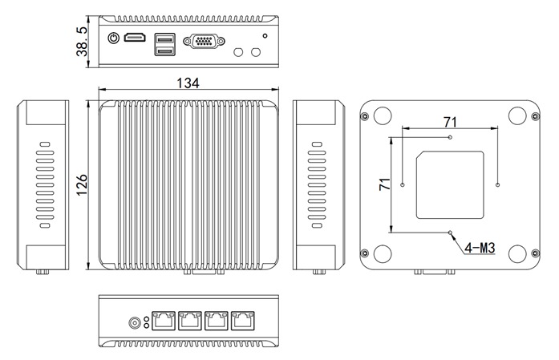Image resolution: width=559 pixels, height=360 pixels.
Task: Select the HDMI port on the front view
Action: pyautogui.click(x=135, y=38)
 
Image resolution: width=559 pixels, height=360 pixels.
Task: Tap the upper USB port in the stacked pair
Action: pyautogui.click(x=164, y=38)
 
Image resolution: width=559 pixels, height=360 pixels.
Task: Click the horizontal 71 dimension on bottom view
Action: pyautogui.click(x=450, y=122)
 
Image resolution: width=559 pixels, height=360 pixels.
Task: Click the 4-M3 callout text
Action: pyautogui.click(x=479, y=248)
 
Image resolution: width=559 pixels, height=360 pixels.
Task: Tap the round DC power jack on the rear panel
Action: pyautogui.click(x=135, y=323)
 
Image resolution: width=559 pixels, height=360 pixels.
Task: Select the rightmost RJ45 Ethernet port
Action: pyautogui.click(x=242, y=321)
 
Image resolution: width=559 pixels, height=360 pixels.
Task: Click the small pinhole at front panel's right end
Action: pyautogui.click(x=265, y=36)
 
